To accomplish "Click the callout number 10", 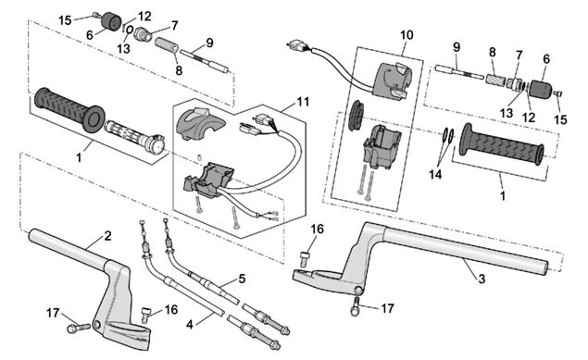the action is pos(407,35).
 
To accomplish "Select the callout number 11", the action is pos(303,102).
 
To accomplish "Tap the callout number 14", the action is pos(435,174).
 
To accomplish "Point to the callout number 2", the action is pos(107,236).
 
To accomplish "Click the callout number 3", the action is pos(482,279).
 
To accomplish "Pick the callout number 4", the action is pos(190,325).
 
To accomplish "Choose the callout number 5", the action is pos(242,279).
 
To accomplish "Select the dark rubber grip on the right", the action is pos(501,143).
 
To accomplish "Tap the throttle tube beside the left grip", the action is pos(134,135).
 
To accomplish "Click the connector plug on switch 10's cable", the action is pos(298,47).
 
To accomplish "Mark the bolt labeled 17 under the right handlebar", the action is pos(357,306).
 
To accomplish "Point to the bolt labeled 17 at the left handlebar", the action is pos(78,328).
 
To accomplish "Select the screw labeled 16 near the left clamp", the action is pos(145,315).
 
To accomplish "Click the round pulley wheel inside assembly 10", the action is pos(354,115).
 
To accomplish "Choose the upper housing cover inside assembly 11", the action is pos(199,123).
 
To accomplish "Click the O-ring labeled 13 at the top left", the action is pos(129,30).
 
